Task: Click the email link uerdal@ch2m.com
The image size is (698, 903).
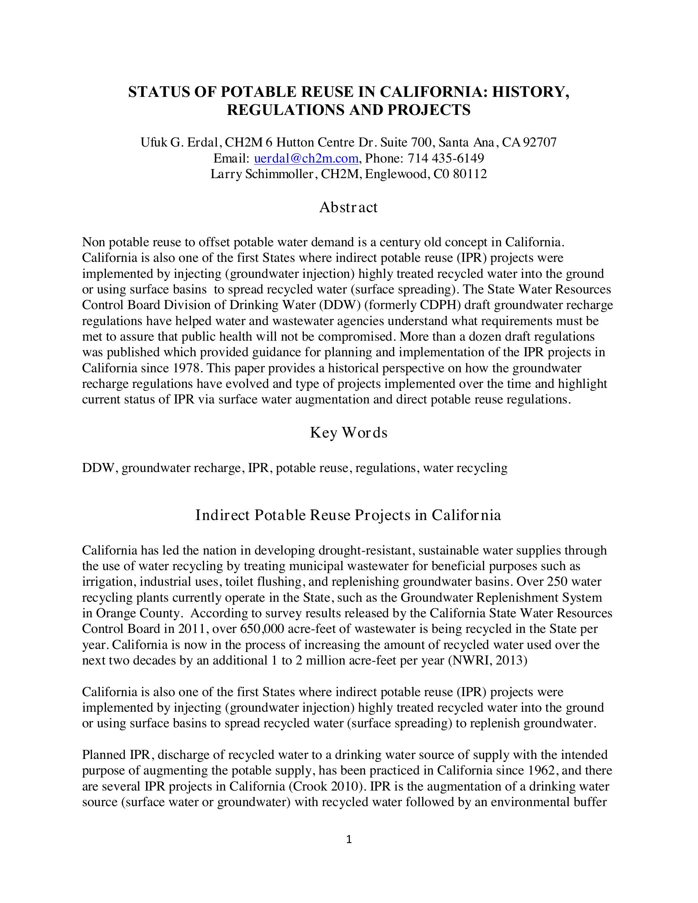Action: [x=305, y=158]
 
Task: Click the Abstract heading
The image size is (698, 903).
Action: [x=348, y=207]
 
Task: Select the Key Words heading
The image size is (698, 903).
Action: [x=349, y=433]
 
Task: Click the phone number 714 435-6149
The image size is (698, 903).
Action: [x=445, y=158]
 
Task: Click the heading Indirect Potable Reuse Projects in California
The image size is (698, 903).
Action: [x=348, y=516]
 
